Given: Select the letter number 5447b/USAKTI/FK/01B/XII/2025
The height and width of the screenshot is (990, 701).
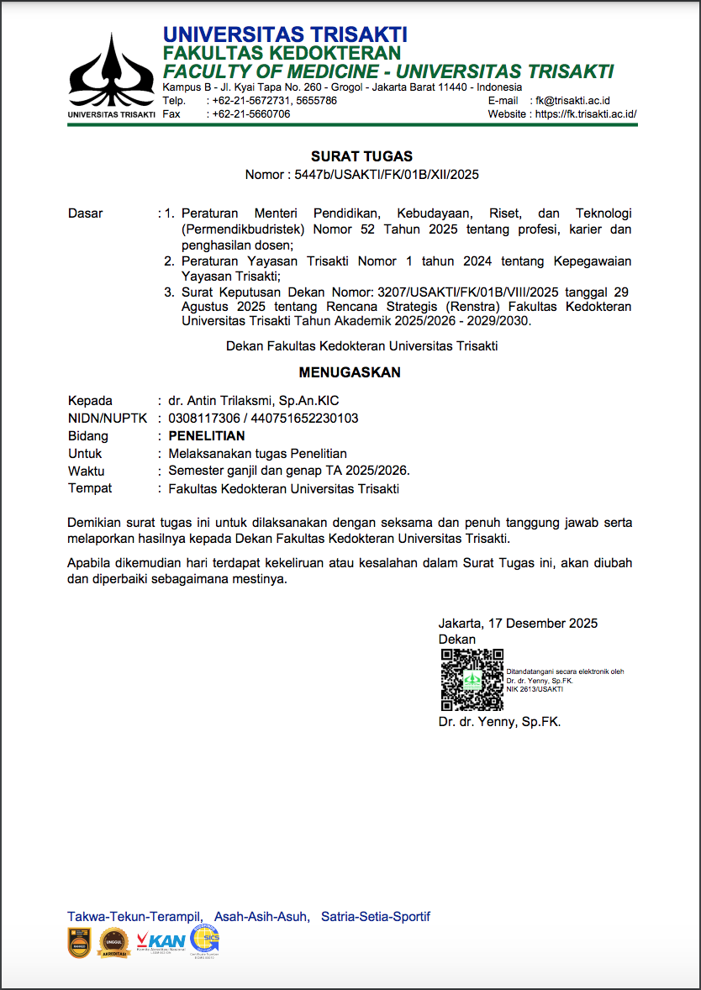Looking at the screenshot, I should coord(385,175).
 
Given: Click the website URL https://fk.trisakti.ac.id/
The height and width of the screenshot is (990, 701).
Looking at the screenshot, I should coord(586,114).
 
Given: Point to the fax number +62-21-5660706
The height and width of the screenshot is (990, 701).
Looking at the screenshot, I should coord(251,114).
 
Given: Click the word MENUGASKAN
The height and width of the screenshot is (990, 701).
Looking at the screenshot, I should coord(350,372).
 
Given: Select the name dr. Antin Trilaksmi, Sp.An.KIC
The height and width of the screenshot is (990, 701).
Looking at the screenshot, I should coord(254,401).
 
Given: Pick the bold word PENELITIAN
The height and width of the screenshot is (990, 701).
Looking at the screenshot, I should coord(207,436).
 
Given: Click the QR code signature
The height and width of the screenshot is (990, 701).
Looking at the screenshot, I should coord(472,681).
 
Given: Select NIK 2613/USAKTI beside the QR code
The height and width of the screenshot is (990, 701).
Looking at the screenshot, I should coord(535,689).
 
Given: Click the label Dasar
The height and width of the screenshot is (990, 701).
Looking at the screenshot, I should coord(85,213).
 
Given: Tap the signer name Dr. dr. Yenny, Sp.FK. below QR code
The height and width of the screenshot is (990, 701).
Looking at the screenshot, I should coord(499,722).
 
